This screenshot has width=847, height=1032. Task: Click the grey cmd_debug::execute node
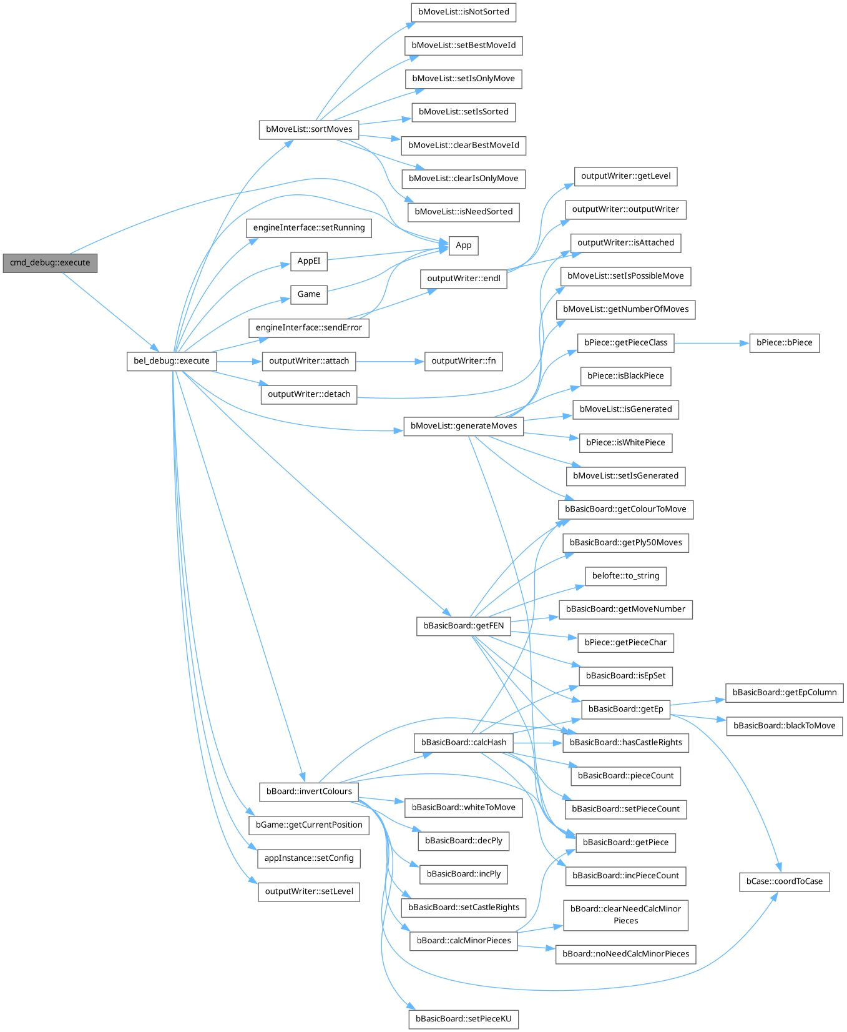(50, 263)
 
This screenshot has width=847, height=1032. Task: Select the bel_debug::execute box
(172, 361)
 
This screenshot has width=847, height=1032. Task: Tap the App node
(464, 246)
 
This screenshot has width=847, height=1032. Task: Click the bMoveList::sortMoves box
(309, 129)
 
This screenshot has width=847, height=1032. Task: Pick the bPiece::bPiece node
(784, 342)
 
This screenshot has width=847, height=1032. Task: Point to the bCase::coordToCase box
(784, 881)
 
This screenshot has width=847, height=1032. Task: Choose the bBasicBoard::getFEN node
(464, 626)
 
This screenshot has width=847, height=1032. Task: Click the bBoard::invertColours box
(309, 791)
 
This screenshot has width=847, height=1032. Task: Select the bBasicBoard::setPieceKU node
(464, 1019)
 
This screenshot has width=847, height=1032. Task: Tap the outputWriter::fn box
(464, 361)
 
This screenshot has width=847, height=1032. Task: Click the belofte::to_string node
(625, 576)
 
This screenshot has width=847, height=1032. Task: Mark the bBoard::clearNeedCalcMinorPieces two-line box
(625, 915)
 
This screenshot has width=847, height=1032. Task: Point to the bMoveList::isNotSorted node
(464, 12)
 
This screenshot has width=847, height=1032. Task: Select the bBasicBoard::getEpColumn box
(784, 693)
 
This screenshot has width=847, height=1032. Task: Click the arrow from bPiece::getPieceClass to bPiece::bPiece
(712, 343)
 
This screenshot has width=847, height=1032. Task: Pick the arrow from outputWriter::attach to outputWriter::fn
(390, 361)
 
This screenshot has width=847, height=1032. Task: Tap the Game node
(309, 294)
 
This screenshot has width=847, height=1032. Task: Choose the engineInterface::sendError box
(309, 328)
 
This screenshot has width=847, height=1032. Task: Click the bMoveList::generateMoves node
(464, 426)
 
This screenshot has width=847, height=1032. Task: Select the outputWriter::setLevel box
(309, 891)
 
